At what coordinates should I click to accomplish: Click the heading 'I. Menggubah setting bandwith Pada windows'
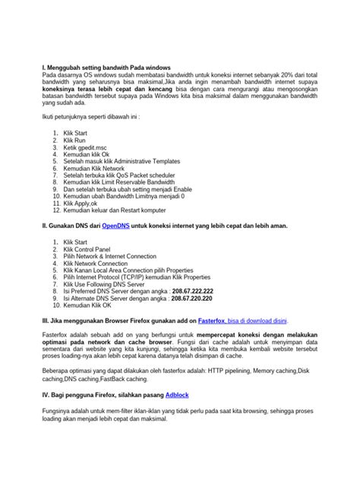pyautogui.click(x=106, y=68)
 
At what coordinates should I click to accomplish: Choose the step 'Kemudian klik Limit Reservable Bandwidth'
pyautogui.click(x=119, y=183)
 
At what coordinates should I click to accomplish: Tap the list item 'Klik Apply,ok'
pyautogui.click(x=81, y=204)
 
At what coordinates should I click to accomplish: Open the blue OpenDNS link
pyautogui.click(x=116, y=226)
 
